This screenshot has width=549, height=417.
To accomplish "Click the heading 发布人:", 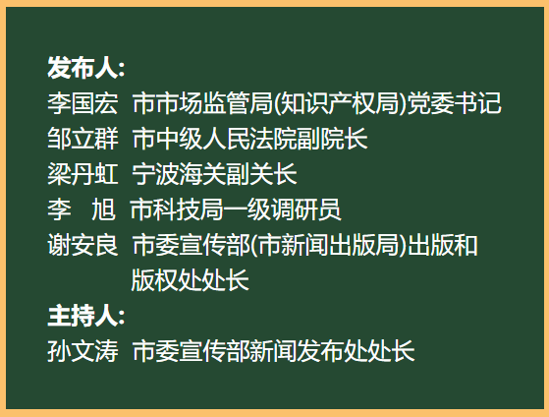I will point(85,68).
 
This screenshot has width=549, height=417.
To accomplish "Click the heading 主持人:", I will point(85,316).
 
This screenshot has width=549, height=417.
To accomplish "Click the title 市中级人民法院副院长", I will point(249,139).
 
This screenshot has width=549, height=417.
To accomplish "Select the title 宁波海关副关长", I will point(214,174).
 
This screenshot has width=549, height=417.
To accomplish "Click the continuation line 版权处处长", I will point(190,280).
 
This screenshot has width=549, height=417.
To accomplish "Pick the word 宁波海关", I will point(179,174).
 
